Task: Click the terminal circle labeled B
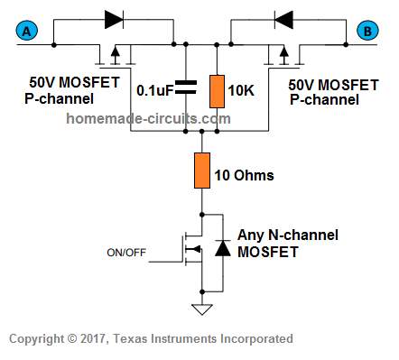coord(367,32)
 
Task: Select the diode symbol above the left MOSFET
coord(113,18)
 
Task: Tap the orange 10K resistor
coord(216,91)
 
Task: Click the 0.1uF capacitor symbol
coord(185,88)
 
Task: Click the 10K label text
coord(243,89)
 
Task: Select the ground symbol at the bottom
coord(200,309)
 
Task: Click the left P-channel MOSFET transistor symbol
coord(115,55)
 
